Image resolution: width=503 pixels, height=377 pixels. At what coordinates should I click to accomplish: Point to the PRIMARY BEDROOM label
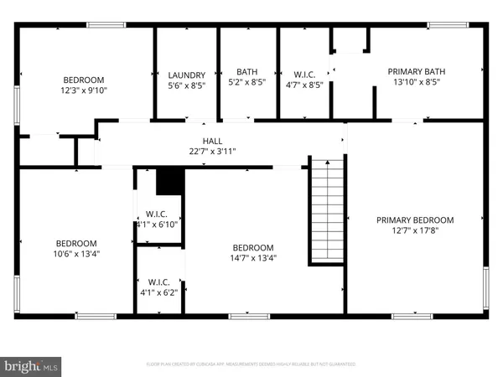(x=414, y=219)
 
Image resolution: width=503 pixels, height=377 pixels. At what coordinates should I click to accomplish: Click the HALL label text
(x=213, y=142)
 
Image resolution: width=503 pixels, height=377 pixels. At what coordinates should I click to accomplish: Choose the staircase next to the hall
(x=327, y=209)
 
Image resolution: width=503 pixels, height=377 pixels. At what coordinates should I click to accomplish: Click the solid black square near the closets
(x=169, y=180)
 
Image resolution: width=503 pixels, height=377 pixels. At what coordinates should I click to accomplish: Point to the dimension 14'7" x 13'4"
(x=253, y=258)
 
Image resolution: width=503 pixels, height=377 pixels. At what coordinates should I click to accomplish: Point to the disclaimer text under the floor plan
(x=251, y=364)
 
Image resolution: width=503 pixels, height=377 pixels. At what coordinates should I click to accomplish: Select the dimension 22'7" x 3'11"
(x=213, y=152)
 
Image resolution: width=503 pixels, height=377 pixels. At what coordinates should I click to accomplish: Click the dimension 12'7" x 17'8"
(x=414, y=230)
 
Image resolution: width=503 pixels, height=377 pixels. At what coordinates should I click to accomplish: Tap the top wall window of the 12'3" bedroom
(x=101, y=25)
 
